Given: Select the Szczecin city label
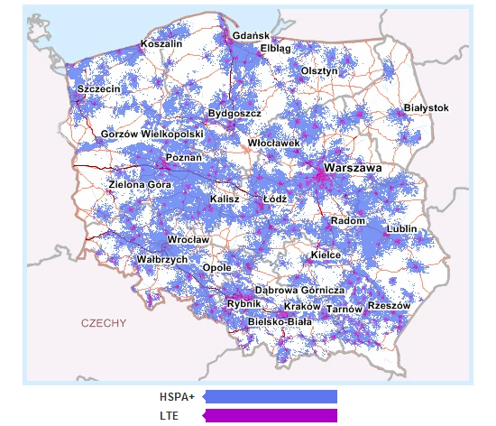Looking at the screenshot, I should click(99, 90).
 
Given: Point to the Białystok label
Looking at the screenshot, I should click(426, 107).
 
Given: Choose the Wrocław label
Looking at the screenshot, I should click(188, 240).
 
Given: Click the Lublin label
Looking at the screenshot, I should click(401, 229).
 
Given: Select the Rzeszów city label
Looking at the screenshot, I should click(390, 306).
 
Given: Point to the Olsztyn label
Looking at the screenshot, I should click(319, 70).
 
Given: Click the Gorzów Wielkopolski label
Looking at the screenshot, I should click(152, 134).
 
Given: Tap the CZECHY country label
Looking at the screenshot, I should click(104, 322).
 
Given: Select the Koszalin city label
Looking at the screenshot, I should click(161, 43).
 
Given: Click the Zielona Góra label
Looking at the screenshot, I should click(139, 184).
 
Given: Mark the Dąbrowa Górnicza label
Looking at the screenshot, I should click(300, 290).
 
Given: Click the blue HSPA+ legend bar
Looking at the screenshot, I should click(270, 396).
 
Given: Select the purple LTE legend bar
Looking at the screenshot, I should click(270, 415).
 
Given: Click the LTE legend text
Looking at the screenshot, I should click(169, 415).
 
